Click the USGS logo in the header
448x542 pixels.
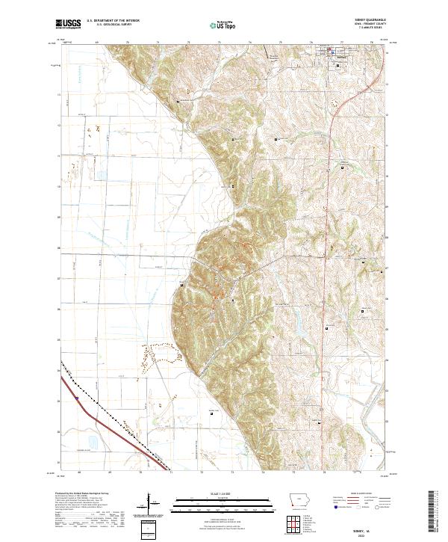69,24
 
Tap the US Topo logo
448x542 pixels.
223,25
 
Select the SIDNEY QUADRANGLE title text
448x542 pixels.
367,22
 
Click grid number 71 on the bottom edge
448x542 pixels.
171,473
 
